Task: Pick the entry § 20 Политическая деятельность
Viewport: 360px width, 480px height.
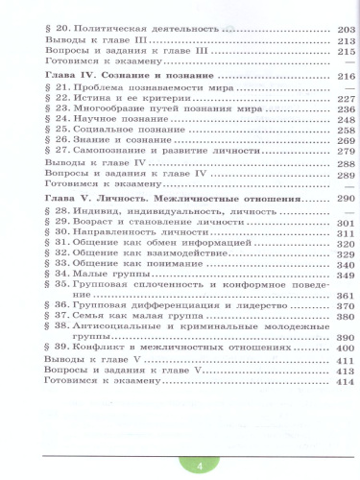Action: pyautogui.click(x=125, y=31)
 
